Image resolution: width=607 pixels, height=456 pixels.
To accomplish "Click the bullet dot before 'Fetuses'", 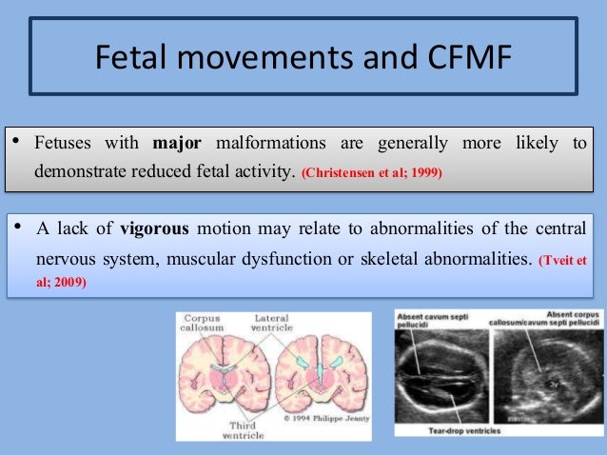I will pyautogui.click(x=15, y=144).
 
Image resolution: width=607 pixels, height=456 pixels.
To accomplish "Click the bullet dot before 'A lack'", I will pyautogui.click(x=15, y=229).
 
